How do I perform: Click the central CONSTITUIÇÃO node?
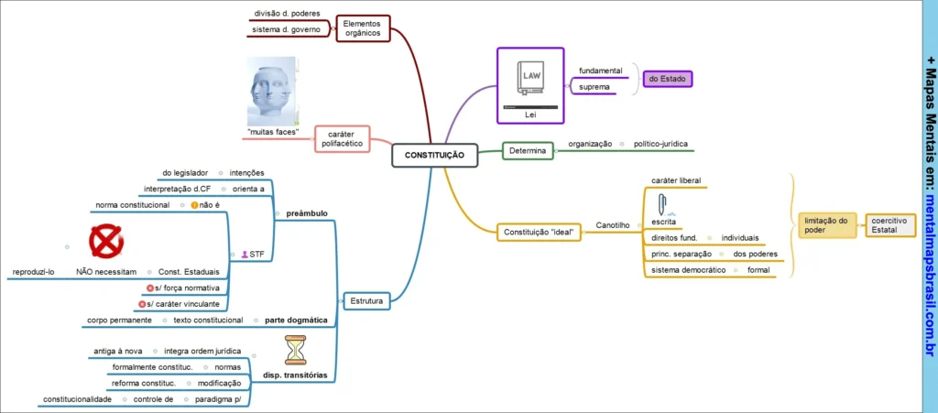pyautogui.click(x=433, y=156)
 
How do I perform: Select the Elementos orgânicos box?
pyautogui.click(x=363, y=28)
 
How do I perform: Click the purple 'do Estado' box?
pyautogui.click(x=667, y=80)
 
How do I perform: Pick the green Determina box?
pyautogui.click(x=528, y=150)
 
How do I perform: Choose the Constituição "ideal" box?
pyautogui.click(x=540, y=232)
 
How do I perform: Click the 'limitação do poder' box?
pyautogui.click(x=826, y=224)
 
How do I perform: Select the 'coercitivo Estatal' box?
pyautogui.click(x=890, y=224)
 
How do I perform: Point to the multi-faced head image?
pyautogui.click(x=272, y=92)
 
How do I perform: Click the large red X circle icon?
pyautogui.click(x=106, y=243)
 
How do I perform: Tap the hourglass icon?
pyautogui.click(x=296, y=350)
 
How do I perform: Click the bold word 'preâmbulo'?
pyautogui.click(x=306, y=213)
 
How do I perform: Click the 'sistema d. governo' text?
pyautogui.click(x=286, y=30)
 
